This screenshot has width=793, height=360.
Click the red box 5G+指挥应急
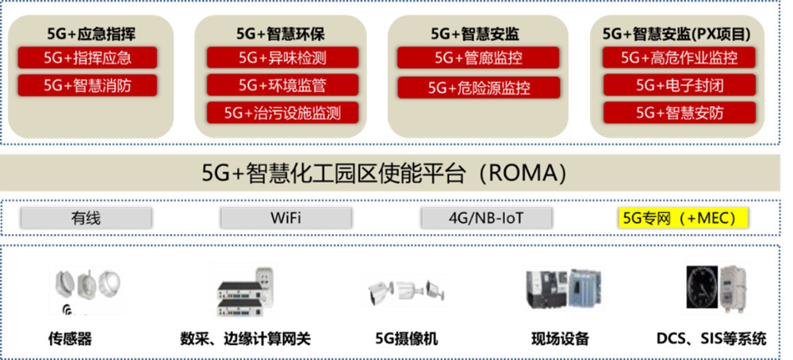click(x=87, y=58)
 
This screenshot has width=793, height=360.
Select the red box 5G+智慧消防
click(x=87, y=85)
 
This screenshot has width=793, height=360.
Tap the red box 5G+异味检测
click(x=283, y=58)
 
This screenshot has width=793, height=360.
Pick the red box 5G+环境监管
click(x=283, y=85)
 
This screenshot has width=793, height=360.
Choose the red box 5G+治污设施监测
click(x=283, y=113)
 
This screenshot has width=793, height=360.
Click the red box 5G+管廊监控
click(x=478, y=58)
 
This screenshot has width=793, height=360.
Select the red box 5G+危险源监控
click(x=478, y=88)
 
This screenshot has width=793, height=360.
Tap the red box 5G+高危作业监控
click(x=680, y=58)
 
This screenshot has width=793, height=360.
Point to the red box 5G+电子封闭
click(x=680, y=85)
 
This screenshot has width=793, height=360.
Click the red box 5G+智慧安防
click(x=680, y=113)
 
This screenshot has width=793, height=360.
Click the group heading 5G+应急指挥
click(x=91, y=34)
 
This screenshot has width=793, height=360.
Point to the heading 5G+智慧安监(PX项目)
click(x=676, y=34)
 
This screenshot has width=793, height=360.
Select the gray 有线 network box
click(x=86, y=218)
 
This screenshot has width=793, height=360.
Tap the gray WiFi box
click(x=285, y=218)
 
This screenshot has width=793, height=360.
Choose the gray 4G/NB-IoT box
click(x=486, y=218)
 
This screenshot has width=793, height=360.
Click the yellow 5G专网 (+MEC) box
click(x=684, y=218)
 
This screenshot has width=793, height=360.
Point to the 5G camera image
click(x=405, y=290)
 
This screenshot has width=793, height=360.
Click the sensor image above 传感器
click(x=86, y=290)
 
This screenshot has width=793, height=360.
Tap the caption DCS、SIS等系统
click(x=711, y=339)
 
